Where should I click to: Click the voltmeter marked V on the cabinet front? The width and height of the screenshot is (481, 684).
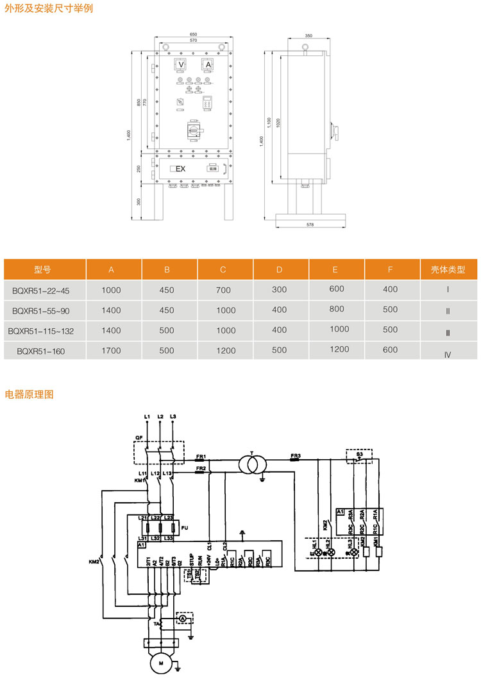[181, 66]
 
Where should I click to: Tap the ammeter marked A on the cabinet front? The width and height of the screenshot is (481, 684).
[207, 66]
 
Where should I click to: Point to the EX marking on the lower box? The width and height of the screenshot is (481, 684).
[180, 169]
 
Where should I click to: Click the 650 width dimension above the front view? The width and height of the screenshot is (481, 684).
[193, 34]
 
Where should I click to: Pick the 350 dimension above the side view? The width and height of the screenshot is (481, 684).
[308, 36]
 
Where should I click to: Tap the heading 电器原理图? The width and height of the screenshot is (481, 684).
[30, 394]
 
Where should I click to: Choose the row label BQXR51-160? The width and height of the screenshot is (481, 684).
[41, 351]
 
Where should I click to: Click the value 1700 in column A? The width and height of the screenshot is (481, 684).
[111, 351]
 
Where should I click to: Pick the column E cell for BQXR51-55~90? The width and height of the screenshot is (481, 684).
[337, 308]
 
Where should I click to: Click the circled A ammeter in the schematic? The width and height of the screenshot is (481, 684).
[181, 618]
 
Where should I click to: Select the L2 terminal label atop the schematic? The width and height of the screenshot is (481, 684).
[160, 417]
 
